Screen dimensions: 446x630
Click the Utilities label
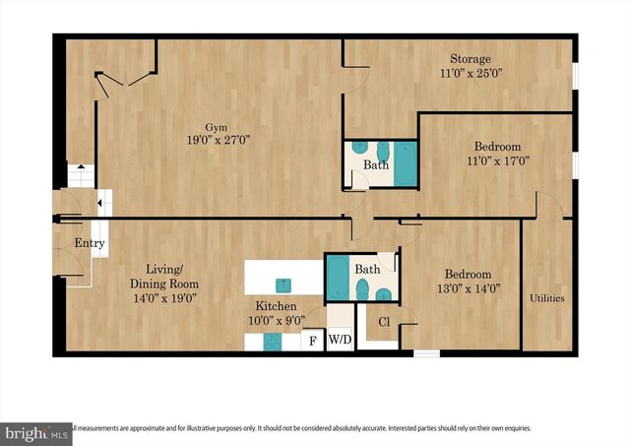tap(547, 297)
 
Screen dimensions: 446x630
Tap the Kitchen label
tap(276, 306)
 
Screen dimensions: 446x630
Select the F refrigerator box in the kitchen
tap(313, 341)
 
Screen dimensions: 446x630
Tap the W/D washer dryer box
tap(340, 341)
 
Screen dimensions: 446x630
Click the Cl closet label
tap(384, 321)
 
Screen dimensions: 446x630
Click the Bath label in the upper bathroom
tap(375, 165)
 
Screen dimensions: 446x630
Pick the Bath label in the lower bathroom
tap(367, 269)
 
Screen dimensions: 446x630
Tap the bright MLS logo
tap(37, 431)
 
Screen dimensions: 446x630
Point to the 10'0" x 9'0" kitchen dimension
tap(276, 320)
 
